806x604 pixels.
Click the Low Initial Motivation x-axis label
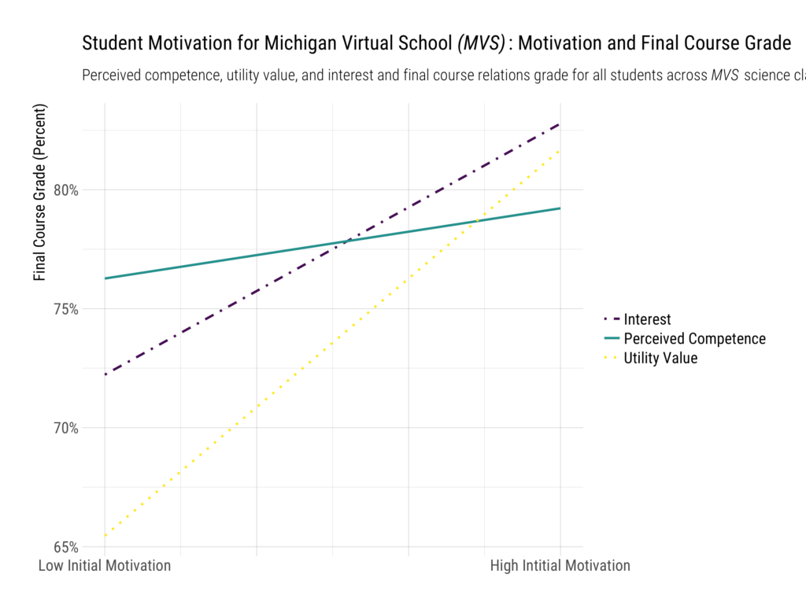(105, 565)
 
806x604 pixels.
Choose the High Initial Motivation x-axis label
(560, 565)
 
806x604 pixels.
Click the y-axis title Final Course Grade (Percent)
(40, 192)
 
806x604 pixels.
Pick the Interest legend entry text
(647, 320)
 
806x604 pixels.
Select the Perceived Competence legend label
(694, 339)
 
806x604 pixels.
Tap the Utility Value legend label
(660, 359)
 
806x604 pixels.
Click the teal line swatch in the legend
(611, 339)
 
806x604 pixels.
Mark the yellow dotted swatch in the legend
(611, 359)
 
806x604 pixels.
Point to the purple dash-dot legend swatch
(611, 320)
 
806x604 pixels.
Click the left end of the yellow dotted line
(105, 536)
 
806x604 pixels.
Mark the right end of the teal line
(560, 208)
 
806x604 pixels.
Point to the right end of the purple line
(560, 123)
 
